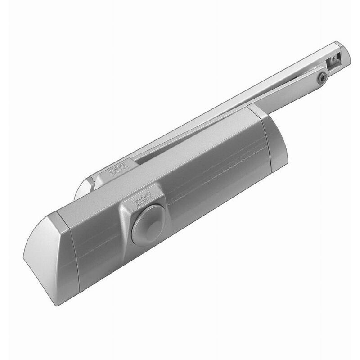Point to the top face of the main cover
[x=171, y=166]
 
